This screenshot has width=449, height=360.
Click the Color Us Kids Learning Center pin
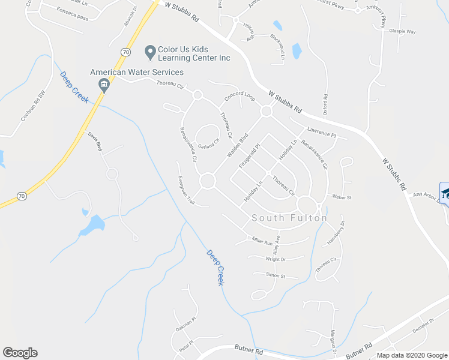point(149,53)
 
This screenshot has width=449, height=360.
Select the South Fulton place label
point(289,218)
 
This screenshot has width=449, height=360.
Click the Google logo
point(20,353)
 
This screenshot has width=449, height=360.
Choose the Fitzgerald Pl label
point(249,155)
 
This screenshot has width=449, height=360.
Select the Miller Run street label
point(262,239)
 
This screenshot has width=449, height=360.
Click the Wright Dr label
point(276,259)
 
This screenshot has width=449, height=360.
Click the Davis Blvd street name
point(96,141)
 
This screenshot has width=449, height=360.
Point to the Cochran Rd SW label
point(33,106)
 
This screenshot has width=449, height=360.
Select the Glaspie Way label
point(402,31)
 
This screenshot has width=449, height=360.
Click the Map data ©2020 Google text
point(411,355)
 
